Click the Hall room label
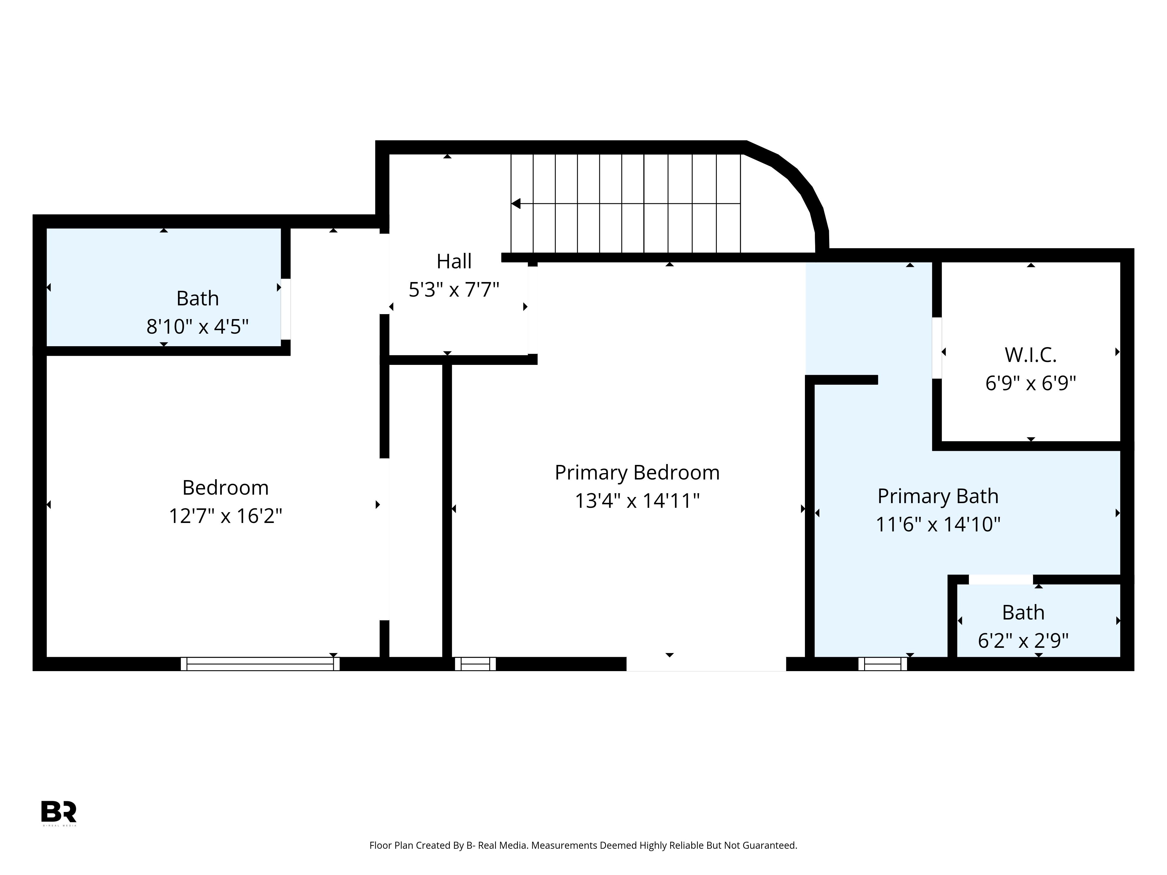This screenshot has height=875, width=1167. [x=454, y=261]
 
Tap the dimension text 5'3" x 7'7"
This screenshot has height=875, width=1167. [x=454, y=290]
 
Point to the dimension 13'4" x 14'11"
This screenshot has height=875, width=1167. [x=637, y=501]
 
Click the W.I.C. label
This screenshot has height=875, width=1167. [x=1030, y=355]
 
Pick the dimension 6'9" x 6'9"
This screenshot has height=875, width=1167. [x=1030, y=383]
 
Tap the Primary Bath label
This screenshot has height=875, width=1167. [x=937, y=496]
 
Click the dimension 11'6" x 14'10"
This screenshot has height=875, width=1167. [x=937, y=524]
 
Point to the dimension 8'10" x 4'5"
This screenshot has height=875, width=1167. [x=197, y=327]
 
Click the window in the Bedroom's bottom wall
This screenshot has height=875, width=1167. [x=260, y=664]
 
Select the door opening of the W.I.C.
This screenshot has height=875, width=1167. [x=937, y=348]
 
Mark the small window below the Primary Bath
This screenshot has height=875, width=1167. [x=883, y=664]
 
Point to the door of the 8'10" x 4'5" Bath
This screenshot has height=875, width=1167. [x=285, y=309]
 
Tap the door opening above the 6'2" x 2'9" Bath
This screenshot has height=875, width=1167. [x=1001, y=580]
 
